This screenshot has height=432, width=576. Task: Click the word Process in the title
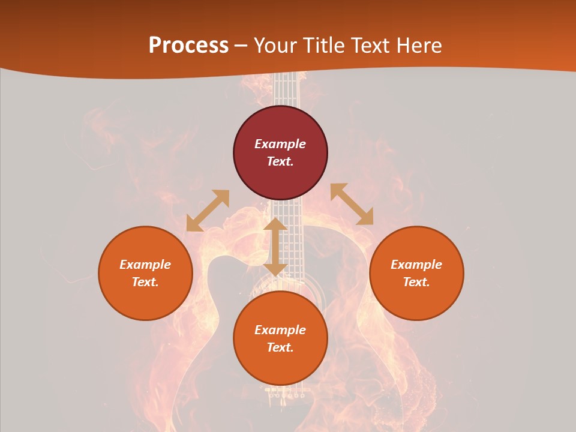coord(188,46)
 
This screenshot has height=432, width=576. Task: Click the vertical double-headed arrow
coord(275,247)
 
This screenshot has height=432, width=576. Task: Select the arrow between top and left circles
coord(208,211)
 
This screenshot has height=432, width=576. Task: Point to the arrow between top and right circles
coord(352,204)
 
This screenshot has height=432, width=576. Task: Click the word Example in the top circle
coord(280,144)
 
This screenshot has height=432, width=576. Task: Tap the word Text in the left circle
coord(145,282)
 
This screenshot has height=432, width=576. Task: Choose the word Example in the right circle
coord(416,265)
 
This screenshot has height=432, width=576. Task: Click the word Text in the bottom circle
coord(280,347)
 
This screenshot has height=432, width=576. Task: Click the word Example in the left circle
coord(145,265)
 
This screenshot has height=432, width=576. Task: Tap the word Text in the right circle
coord(416,282)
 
